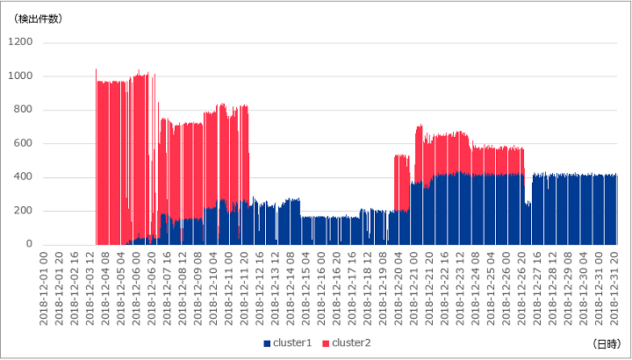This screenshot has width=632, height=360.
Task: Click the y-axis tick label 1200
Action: (20, 42)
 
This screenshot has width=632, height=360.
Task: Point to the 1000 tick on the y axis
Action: (20, 76)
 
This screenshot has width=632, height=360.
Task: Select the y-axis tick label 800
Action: (24, 110)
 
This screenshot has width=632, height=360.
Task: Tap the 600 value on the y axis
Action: (24, 143)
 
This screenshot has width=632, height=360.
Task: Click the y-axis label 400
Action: (24, 177)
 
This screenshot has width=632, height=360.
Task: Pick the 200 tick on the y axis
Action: (24, 211)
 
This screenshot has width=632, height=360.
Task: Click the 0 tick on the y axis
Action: (30, 244)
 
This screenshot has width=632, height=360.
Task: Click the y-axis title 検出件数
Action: (38, 19)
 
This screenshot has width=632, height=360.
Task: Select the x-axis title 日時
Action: (607, 344)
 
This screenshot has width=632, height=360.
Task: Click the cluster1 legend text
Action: (292, 342)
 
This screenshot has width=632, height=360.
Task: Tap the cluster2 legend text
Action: (351, 342)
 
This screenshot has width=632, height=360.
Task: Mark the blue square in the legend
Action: (267, 343)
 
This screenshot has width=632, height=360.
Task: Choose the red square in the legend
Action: (326, 343)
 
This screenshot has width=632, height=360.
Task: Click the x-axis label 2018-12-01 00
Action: (44, 289)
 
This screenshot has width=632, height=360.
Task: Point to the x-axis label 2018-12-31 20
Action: (614, 289)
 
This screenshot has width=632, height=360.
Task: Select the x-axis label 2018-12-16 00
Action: (321, 289)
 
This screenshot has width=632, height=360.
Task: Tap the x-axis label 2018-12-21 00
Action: (413, 289)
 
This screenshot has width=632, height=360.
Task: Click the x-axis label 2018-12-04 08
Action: (105, 289)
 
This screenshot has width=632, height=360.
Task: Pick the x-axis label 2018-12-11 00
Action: (228, 289)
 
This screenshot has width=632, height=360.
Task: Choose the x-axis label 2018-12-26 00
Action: (506, 289)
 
